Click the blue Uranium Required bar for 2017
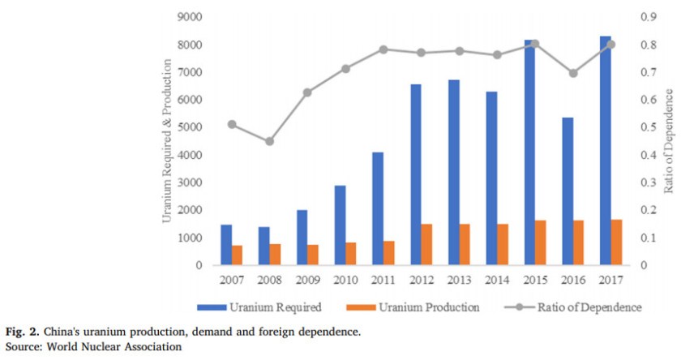click(x=606, y=151)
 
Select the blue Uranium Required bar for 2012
click(x=416, y=174)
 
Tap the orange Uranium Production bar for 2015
click(x=541, y=242)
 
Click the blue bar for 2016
click(x=567, y=191)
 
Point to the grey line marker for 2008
click(x=270, y=141)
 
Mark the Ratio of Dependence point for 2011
click(x=383, y=49)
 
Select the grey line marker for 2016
click(x=573, y=73)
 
